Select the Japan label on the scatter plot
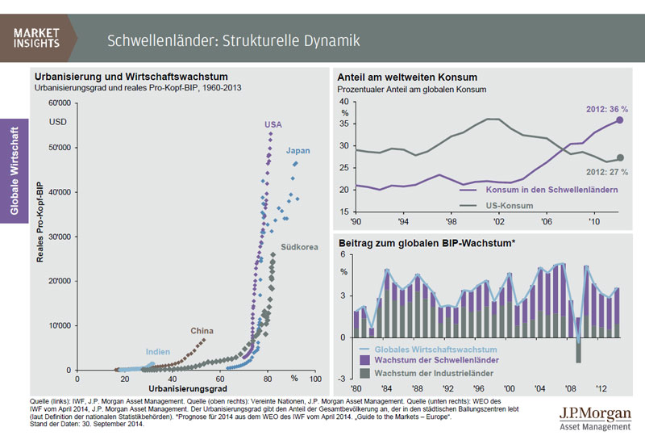point(298,151)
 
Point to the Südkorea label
point(298,246)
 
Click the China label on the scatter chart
point(202,331)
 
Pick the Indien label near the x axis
point(158,352)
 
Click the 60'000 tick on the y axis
point(60,103)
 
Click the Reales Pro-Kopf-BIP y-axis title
point(40,235)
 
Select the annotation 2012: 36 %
point(605,109)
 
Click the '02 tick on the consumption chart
point(500,220)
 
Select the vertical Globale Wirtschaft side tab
point(15,170)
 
